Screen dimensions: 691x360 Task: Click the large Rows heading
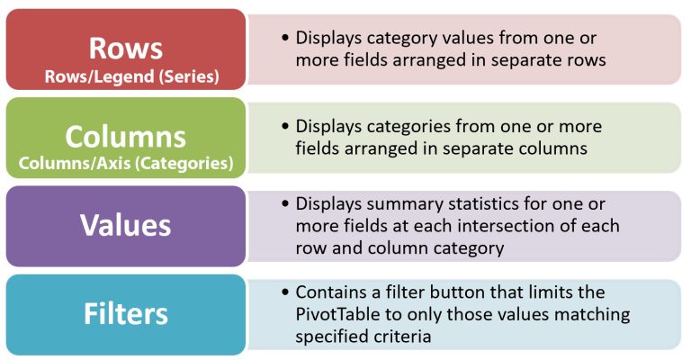(126, 48)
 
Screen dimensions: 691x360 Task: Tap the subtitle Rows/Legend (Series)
(131, 76)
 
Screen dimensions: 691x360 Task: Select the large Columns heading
(126, 136)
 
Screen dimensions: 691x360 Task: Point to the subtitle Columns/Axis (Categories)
(126, 163)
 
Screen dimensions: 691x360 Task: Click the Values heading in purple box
(126, 225)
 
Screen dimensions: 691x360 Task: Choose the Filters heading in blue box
(126, 314)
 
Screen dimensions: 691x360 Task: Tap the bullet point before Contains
(285, 292)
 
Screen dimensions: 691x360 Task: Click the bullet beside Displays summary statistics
(285, 203)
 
